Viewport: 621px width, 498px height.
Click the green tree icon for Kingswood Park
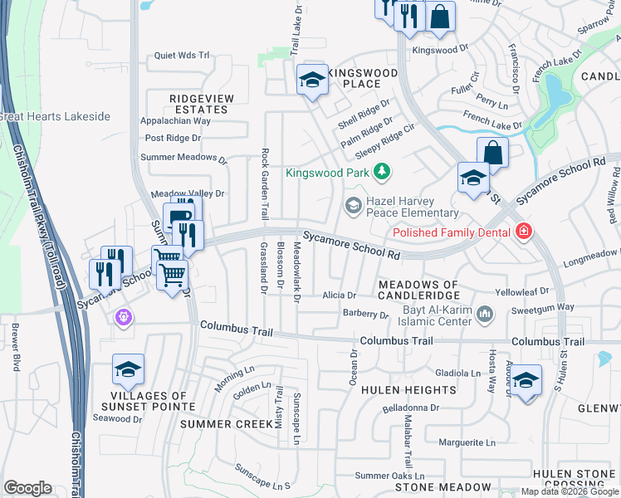381,173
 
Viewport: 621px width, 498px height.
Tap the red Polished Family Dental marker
523,232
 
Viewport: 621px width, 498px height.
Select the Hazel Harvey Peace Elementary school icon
354,204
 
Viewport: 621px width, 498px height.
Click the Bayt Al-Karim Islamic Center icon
486,314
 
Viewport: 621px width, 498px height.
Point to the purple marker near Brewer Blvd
124,317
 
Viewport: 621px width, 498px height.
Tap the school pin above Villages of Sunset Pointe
129,370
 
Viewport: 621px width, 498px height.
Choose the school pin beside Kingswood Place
312,80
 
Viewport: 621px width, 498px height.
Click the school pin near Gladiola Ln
526,380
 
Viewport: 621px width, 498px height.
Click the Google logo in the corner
27,488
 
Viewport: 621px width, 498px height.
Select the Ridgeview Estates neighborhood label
202,104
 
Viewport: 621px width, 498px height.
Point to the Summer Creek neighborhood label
227,424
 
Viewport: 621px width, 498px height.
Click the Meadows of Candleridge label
418,290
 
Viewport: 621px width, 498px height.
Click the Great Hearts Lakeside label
55,116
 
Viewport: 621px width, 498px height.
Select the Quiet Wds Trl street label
182,56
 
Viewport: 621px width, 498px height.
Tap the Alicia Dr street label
339,295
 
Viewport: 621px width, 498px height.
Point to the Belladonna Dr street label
410,408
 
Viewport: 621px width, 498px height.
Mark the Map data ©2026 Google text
569,491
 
